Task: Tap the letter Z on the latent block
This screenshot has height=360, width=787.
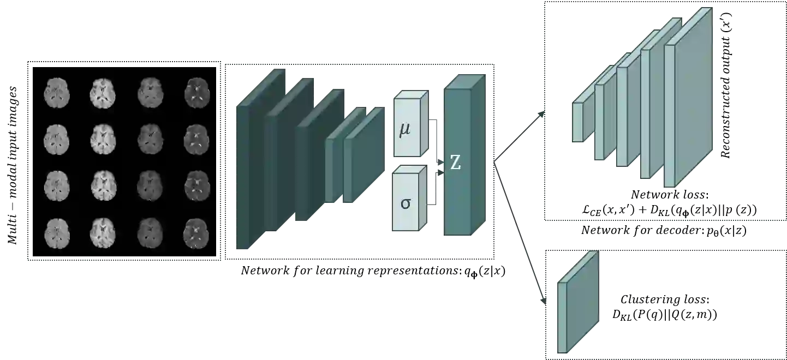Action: [x=455, y=162]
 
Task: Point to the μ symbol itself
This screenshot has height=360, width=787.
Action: [x=405, y=131]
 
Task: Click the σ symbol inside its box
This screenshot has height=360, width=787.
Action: [x=405, y=203]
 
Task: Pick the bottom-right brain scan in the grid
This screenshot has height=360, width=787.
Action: [x=196, y=232]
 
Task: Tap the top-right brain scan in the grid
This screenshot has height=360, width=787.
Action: [x=196, y=91]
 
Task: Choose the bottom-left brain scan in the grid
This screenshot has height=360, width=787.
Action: [x=56, y=232]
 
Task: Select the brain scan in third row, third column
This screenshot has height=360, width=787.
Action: [x=150, y=185]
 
